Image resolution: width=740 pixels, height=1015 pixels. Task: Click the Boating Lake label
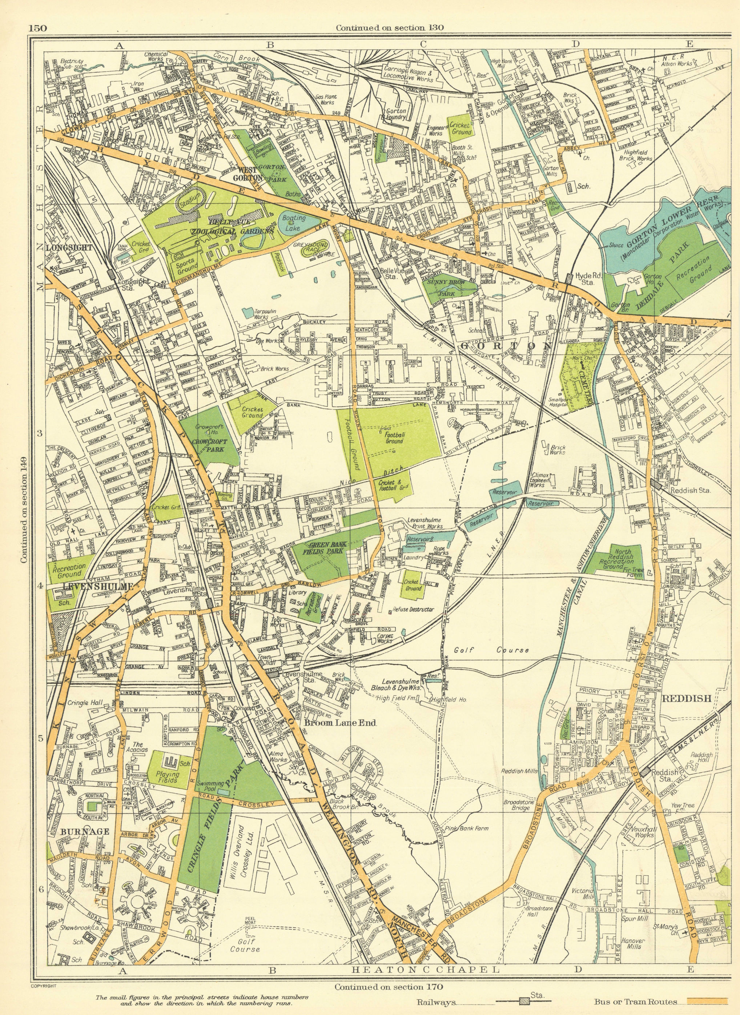click(x=293, y=221)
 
